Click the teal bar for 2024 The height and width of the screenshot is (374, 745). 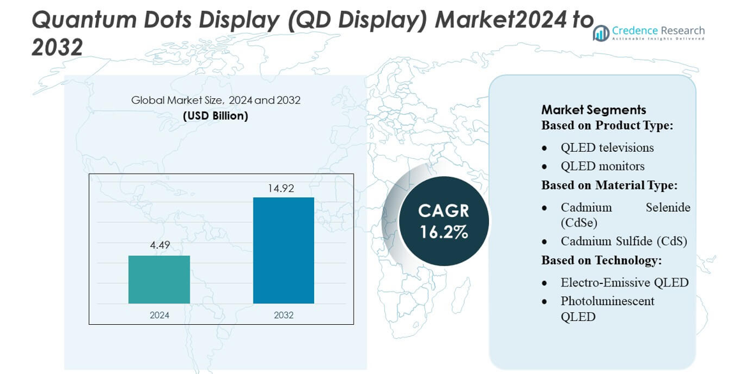[159, 280]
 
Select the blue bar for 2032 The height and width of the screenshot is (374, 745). [283, 250]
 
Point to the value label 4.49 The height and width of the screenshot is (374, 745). [160, 245]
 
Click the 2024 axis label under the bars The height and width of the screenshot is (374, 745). [160, 315]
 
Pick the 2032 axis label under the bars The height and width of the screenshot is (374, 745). [283, 315]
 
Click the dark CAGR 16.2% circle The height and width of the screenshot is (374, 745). [444, 221]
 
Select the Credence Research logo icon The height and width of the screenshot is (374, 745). [601, 33]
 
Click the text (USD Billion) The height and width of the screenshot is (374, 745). [216, 116]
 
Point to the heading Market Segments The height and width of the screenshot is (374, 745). [594, 110]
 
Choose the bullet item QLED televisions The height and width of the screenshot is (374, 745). [607, 147]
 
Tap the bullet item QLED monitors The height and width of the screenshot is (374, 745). [603, 166]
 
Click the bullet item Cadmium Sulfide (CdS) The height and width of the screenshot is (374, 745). [624, 241]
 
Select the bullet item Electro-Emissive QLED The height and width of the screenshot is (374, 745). [624, 282]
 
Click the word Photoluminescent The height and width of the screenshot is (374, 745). [607, 301]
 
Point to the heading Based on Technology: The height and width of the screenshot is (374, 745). [601, 260]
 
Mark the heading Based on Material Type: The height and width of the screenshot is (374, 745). [609, 185]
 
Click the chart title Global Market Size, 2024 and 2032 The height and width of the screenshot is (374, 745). [216, 100]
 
